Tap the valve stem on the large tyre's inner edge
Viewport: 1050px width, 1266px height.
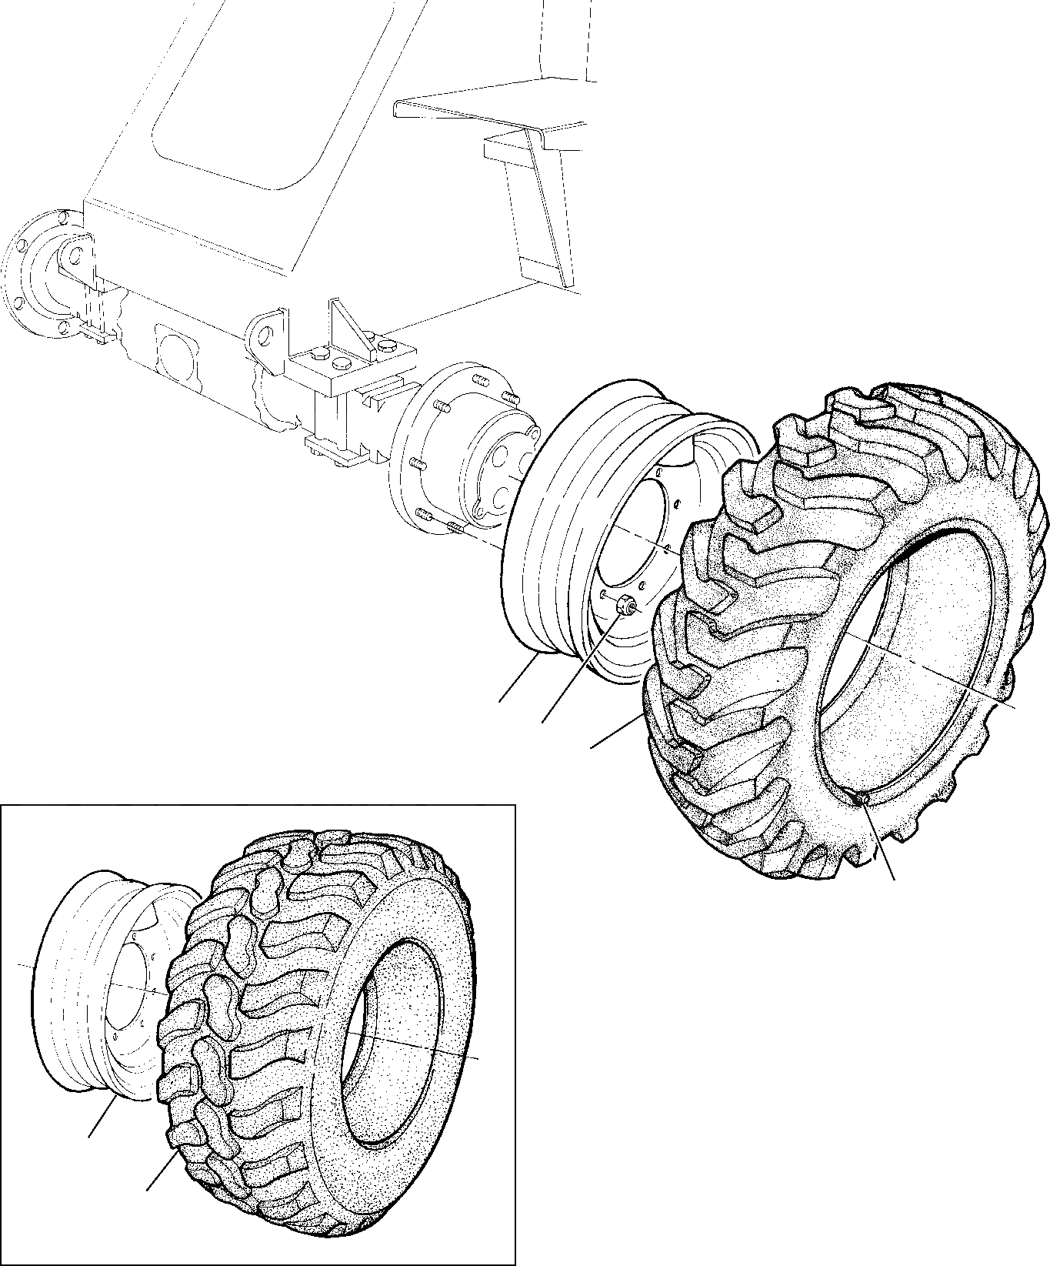[x=862, y=800]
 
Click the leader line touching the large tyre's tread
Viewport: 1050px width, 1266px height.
[x=615, y=731]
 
